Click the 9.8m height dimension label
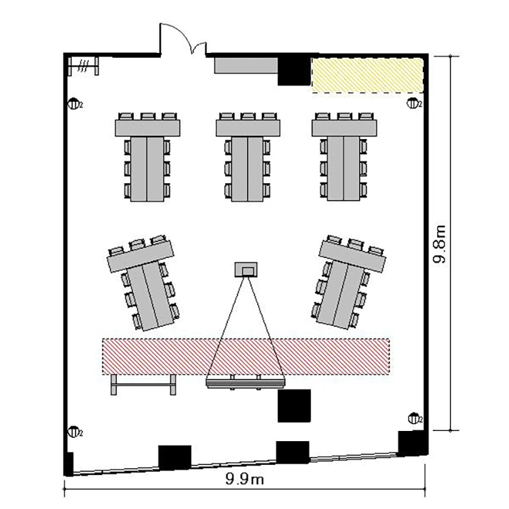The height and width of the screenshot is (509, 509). coord(440,244)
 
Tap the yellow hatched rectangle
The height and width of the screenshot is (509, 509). coord(367,75)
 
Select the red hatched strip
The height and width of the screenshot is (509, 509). coord(246,356)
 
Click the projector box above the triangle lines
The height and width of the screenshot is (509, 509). coord(245,270)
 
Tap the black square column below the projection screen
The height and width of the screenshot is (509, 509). coord(294,405)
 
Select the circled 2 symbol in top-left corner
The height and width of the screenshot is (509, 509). coord(74,104)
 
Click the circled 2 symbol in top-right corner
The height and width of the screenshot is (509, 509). coord(413,103)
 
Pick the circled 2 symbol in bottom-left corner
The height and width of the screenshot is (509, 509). coord(74,431)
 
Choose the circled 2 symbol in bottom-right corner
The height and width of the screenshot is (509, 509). coord(413,417)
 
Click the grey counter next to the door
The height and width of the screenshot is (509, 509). coord(246,65)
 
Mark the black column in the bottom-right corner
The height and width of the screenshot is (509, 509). coord(411,444)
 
